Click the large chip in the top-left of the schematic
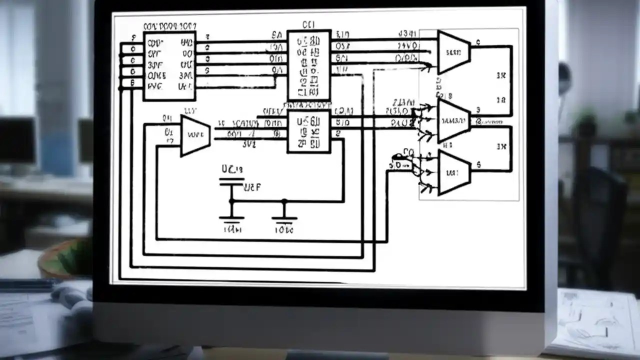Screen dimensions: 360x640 pos(169,66)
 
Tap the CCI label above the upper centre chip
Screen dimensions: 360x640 pos(308,24)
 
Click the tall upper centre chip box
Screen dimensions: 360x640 pos(309,65)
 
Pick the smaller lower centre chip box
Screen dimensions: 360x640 pos(308,131)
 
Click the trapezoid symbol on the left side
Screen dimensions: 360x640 pos(194,135)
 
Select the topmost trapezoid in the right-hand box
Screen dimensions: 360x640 pos(453,51)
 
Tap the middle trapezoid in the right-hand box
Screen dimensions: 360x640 pos(453,120)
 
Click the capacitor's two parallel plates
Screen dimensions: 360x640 pos(231,182)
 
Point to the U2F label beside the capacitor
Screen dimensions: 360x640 pos(252,188)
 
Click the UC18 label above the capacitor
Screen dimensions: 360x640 pos(231,169)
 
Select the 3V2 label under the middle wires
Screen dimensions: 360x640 pos(248,145)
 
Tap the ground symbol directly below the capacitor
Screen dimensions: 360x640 pos(231,218)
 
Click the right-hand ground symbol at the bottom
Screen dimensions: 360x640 pos(284,218)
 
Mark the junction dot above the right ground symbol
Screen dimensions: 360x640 pos(284,201)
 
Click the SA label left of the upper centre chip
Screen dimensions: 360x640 pos(276,35)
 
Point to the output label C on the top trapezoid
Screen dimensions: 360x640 pos(478,42)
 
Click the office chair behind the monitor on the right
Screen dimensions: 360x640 pos(600,210)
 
